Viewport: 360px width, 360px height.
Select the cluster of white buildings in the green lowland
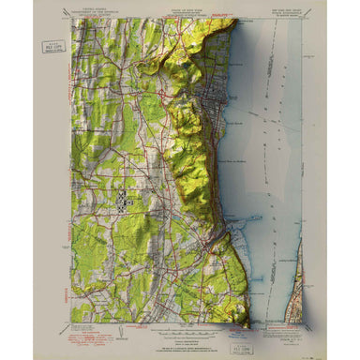point(125,198)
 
